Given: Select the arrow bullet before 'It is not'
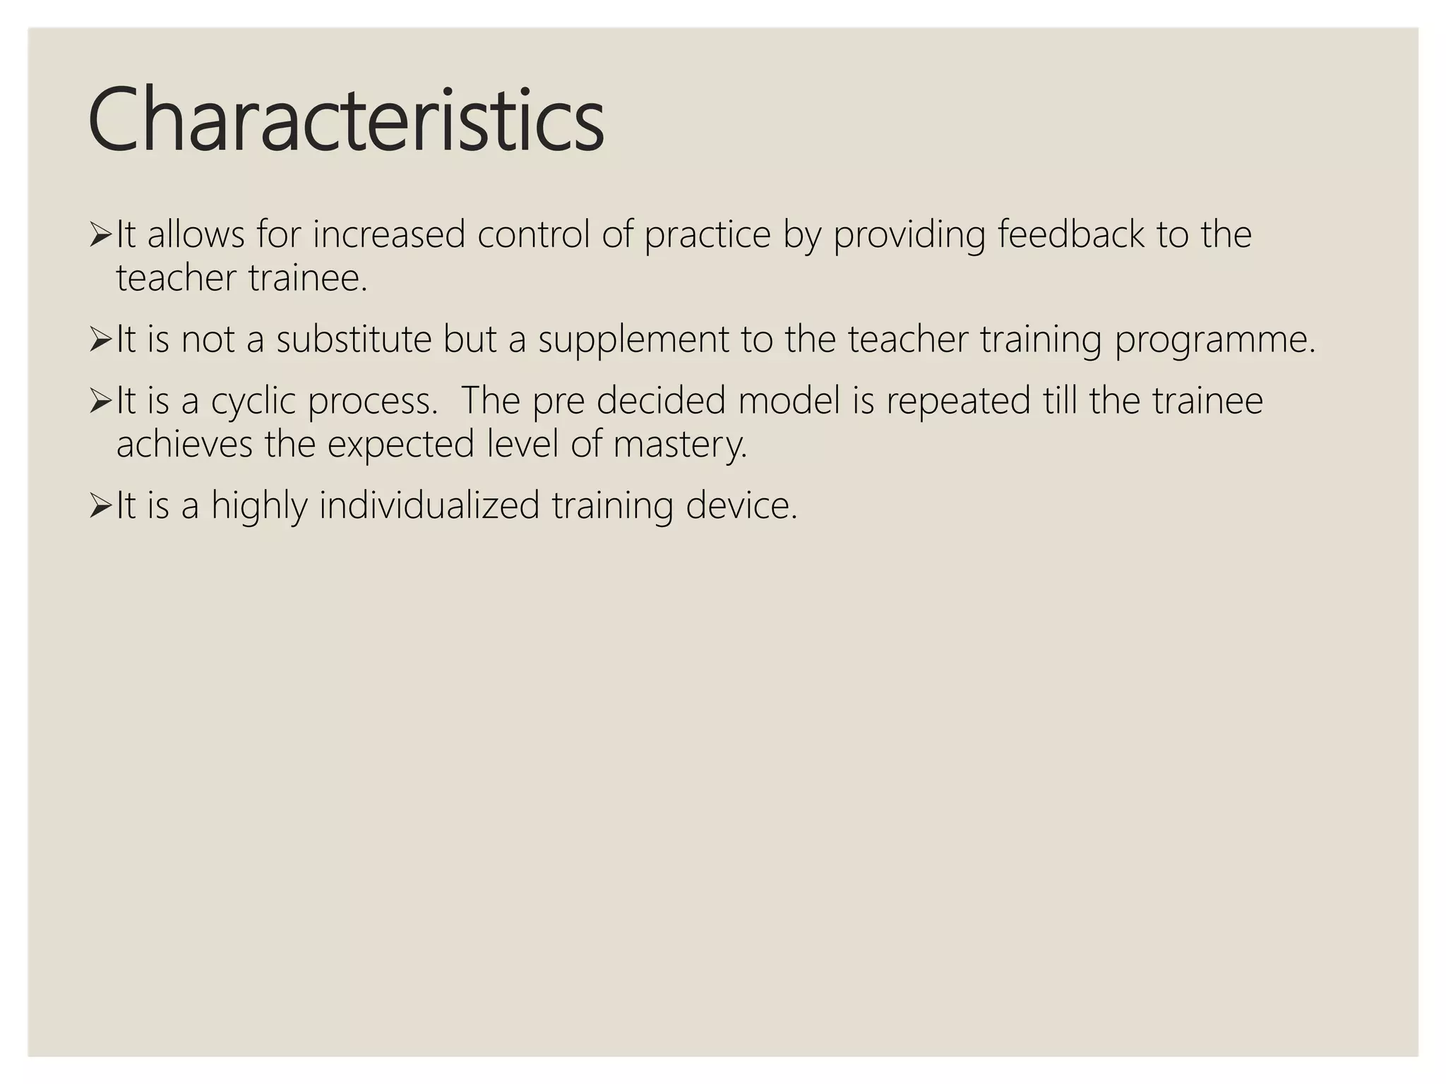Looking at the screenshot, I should pos(100,339).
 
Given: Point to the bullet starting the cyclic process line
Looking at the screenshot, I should pos(100,401).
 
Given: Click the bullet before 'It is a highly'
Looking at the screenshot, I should pos(100,506).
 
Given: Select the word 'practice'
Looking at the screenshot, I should pos(707,236).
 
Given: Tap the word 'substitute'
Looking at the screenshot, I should pos(354,339).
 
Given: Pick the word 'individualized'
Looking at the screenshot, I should pos(429,506).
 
